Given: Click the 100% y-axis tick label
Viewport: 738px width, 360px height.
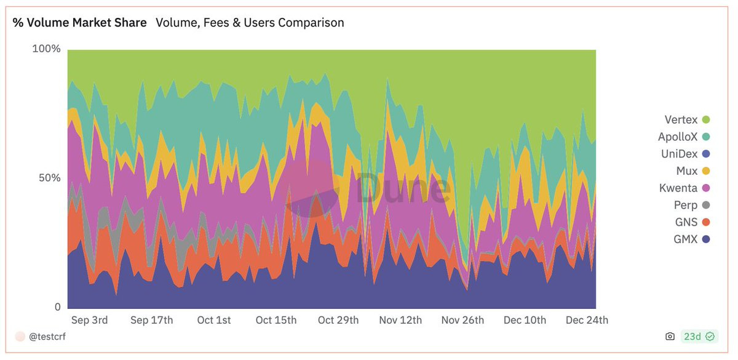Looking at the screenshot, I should [46, 49].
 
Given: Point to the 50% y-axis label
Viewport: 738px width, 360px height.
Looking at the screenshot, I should [49, 178].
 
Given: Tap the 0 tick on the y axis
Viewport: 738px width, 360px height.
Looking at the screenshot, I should [57, 307].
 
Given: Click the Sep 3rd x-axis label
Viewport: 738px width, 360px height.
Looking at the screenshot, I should [89, 320].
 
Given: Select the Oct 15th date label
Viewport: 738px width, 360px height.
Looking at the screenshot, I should [276, 320].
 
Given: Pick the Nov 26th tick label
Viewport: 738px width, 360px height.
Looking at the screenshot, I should [462, 320].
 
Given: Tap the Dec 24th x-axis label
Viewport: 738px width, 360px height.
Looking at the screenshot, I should [587, 320].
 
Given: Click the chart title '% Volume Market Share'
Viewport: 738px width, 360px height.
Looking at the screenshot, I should [80, 23].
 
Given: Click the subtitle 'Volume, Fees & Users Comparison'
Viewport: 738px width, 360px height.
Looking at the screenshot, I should [250, 23].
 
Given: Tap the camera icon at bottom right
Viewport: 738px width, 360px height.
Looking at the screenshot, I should [670, 337].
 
